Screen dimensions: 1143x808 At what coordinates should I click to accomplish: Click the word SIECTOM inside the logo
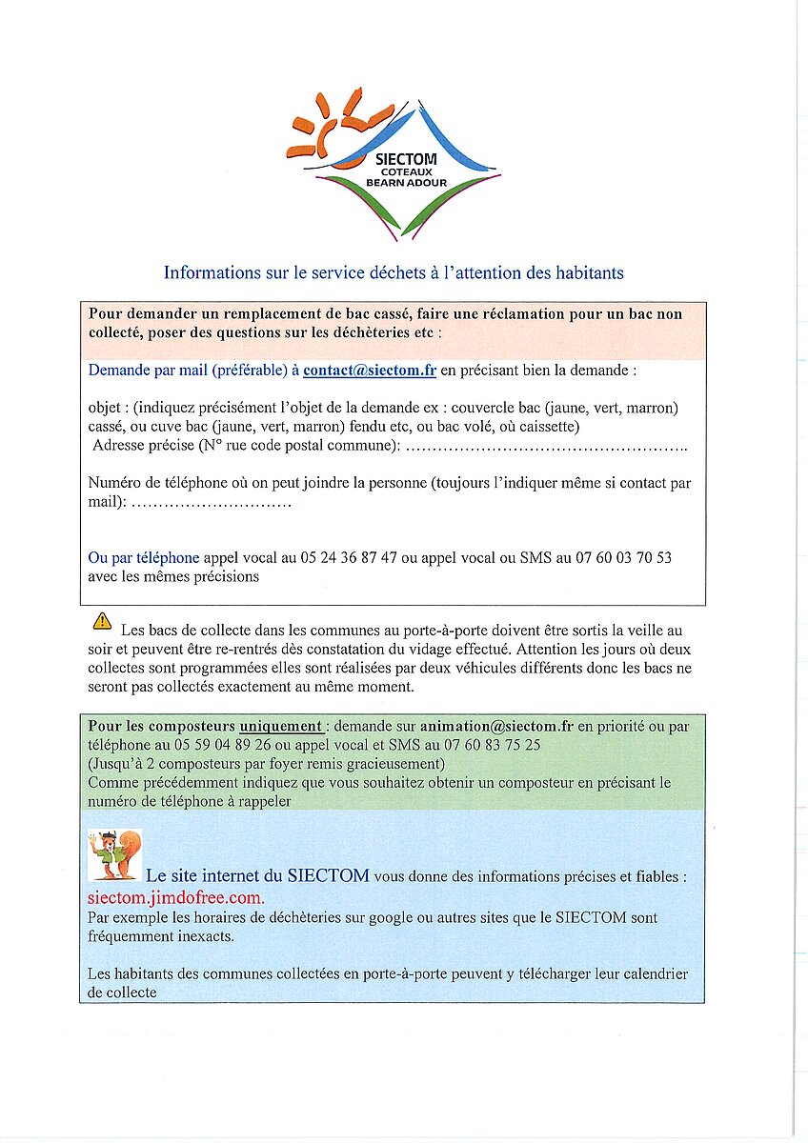click(406, 159)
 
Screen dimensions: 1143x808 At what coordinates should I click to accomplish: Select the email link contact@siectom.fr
click(370, 371)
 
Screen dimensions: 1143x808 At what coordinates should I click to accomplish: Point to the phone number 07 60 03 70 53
click(623, 558)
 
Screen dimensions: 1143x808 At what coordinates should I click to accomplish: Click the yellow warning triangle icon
click(101, 622)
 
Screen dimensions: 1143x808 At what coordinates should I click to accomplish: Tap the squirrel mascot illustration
click(113, 855)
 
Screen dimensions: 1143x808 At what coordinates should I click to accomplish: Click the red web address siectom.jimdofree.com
click(175, 898)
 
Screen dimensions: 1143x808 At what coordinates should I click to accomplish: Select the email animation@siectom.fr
click(496, 726)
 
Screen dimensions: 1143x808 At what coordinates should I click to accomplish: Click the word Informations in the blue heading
click(210, 273)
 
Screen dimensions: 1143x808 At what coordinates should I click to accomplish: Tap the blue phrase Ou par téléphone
click(144, 558)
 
